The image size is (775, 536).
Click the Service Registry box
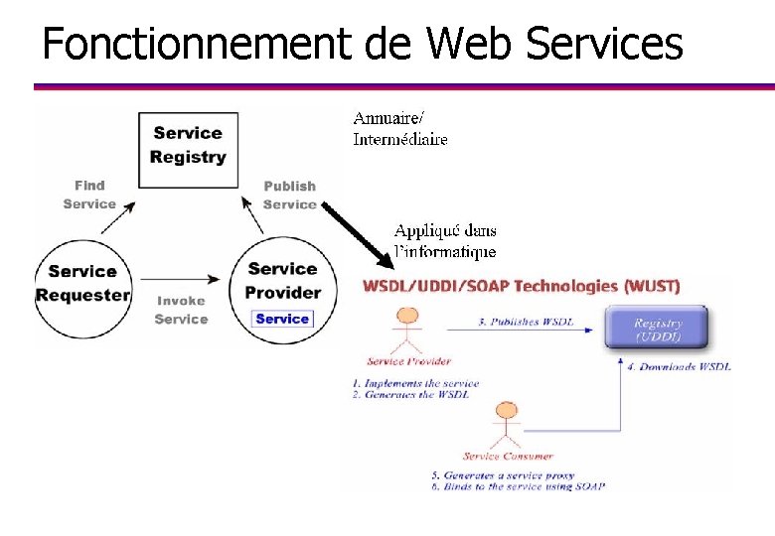[x=188, y=145]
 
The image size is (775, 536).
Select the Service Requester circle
[x=82, y=283]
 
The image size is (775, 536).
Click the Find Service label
[x=89, y=195]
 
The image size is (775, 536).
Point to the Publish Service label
[x=289, y=196]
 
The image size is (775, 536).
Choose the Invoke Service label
[x=181, y=310]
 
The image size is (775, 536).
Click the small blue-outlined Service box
[x=283, y=319]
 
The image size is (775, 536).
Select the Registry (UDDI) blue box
[x=658, y=329]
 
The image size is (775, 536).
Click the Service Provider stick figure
[x=408, y=334]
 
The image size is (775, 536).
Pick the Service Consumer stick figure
[x=506, y=427]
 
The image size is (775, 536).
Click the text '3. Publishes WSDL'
[x=527, y=322]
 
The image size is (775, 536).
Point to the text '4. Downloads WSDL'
[x=679, y=367]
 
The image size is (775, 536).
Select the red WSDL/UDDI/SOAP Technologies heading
[x=522, y=286]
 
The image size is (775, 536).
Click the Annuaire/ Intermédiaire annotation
[x=400, y=129]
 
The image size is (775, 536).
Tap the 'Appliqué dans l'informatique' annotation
[x=445, y=241]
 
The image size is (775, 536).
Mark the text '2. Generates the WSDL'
[x=409, y=395]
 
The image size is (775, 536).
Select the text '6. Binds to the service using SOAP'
[x=518, y=486]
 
